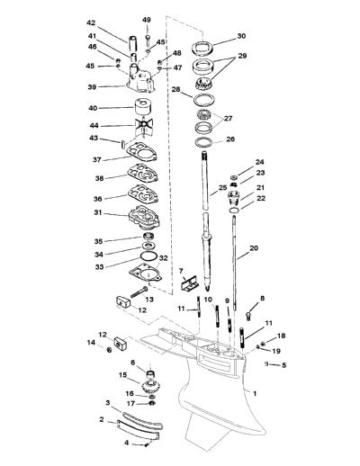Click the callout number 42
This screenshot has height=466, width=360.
tap(91, 22)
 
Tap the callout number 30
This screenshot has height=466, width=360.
tap(241, 36)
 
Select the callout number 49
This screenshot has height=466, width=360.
tap(147, 20)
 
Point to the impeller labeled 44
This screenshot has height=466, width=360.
tap(144, 125)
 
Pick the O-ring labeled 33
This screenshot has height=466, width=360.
tap(148, 256)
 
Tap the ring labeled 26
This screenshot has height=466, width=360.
tap(205, 142)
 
